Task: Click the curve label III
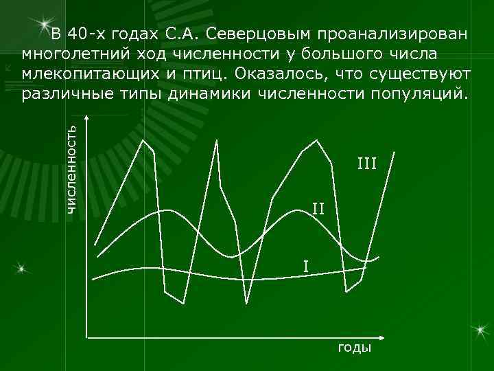point(366,164)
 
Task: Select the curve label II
point(318,207)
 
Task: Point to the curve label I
point(306,265)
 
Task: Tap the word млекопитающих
point(89,73)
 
